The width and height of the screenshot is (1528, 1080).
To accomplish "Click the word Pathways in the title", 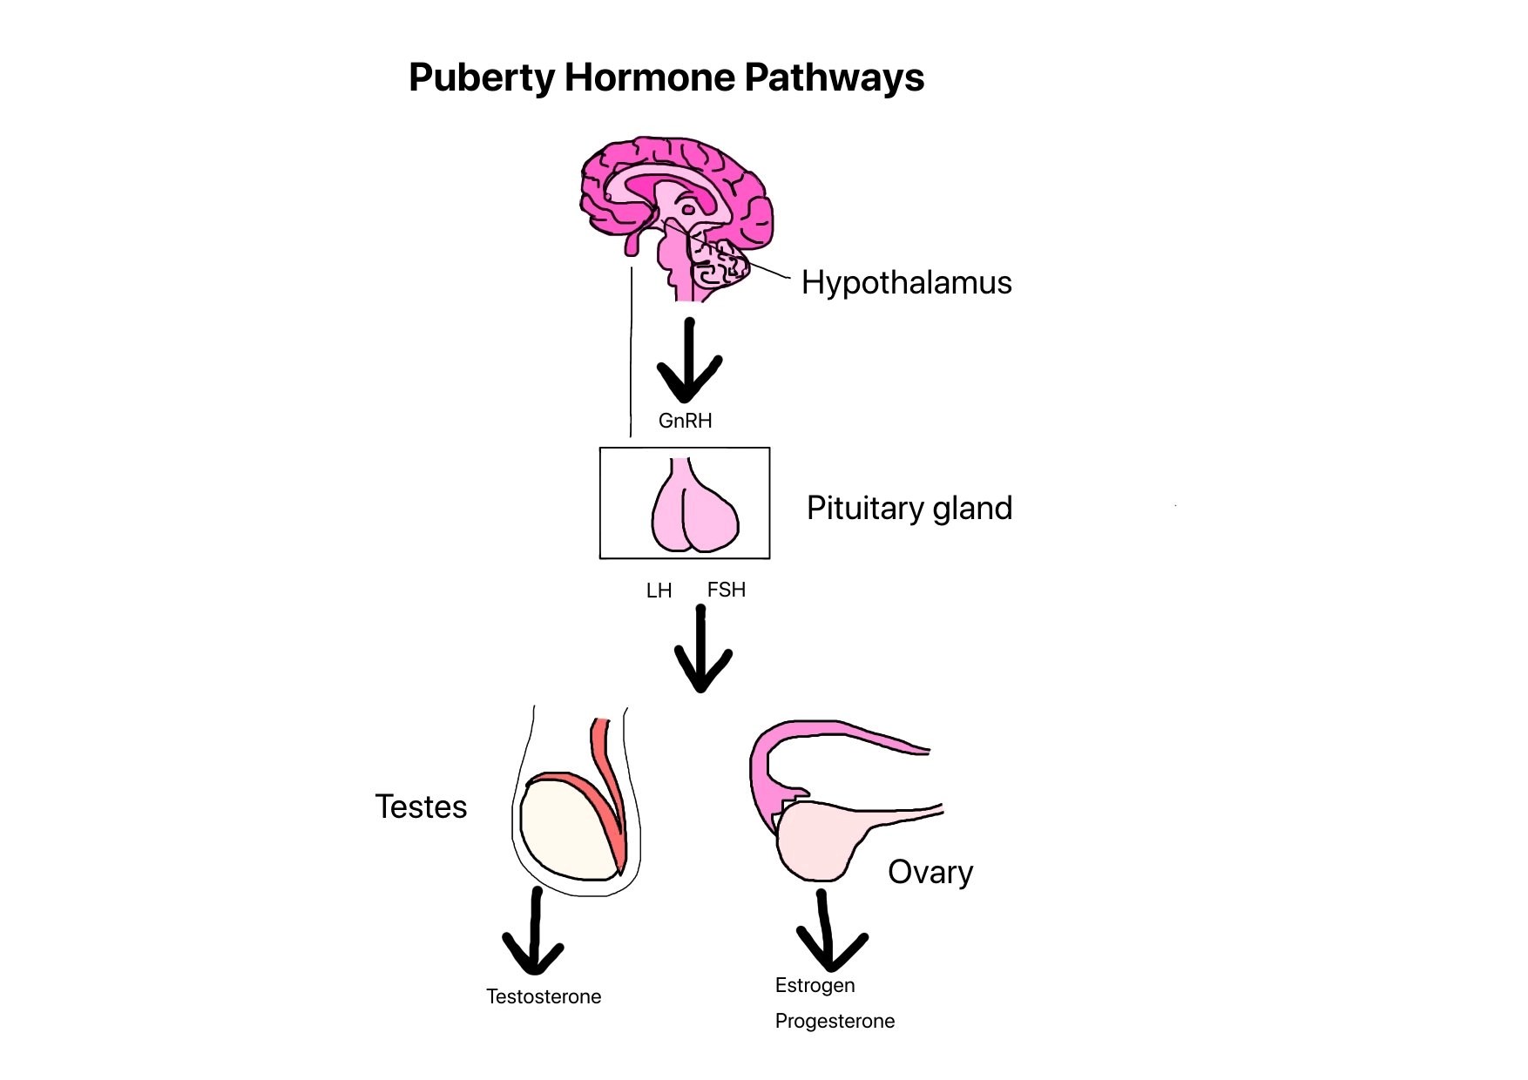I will pyautogui.click(x=834, y=78).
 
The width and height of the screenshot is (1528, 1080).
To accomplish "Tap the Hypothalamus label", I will pyautogui.click(x=906, y=282).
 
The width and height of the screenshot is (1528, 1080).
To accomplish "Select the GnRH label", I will pyautogui.click(x=685, y=421).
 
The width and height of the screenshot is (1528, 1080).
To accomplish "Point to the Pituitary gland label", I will pyautogui.click(x=909, y=508).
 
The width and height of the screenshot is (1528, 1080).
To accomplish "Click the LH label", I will pyautogui.click(x=659, y=591).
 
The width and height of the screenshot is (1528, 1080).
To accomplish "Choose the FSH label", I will pyautogui.click(x=727, y=590).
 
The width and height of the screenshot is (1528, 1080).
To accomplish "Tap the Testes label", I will pyautogui.click(x=421, y=807).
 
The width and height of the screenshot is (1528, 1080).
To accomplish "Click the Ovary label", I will pyautogui.click(x=930, y=872).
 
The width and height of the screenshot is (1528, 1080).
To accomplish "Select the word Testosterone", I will pyautogui.click(x=544, y=996).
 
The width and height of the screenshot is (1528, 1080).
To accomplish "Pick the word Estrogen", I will pyautogui.click(x=815, y=985).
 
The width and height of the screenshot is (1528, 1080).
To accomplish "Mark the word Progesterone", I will pyautogui.click(x=835, y=1021).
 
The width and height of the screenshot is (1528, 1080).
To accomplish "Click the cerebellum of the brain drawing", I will pyautogui.click(x=719, y=266).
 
